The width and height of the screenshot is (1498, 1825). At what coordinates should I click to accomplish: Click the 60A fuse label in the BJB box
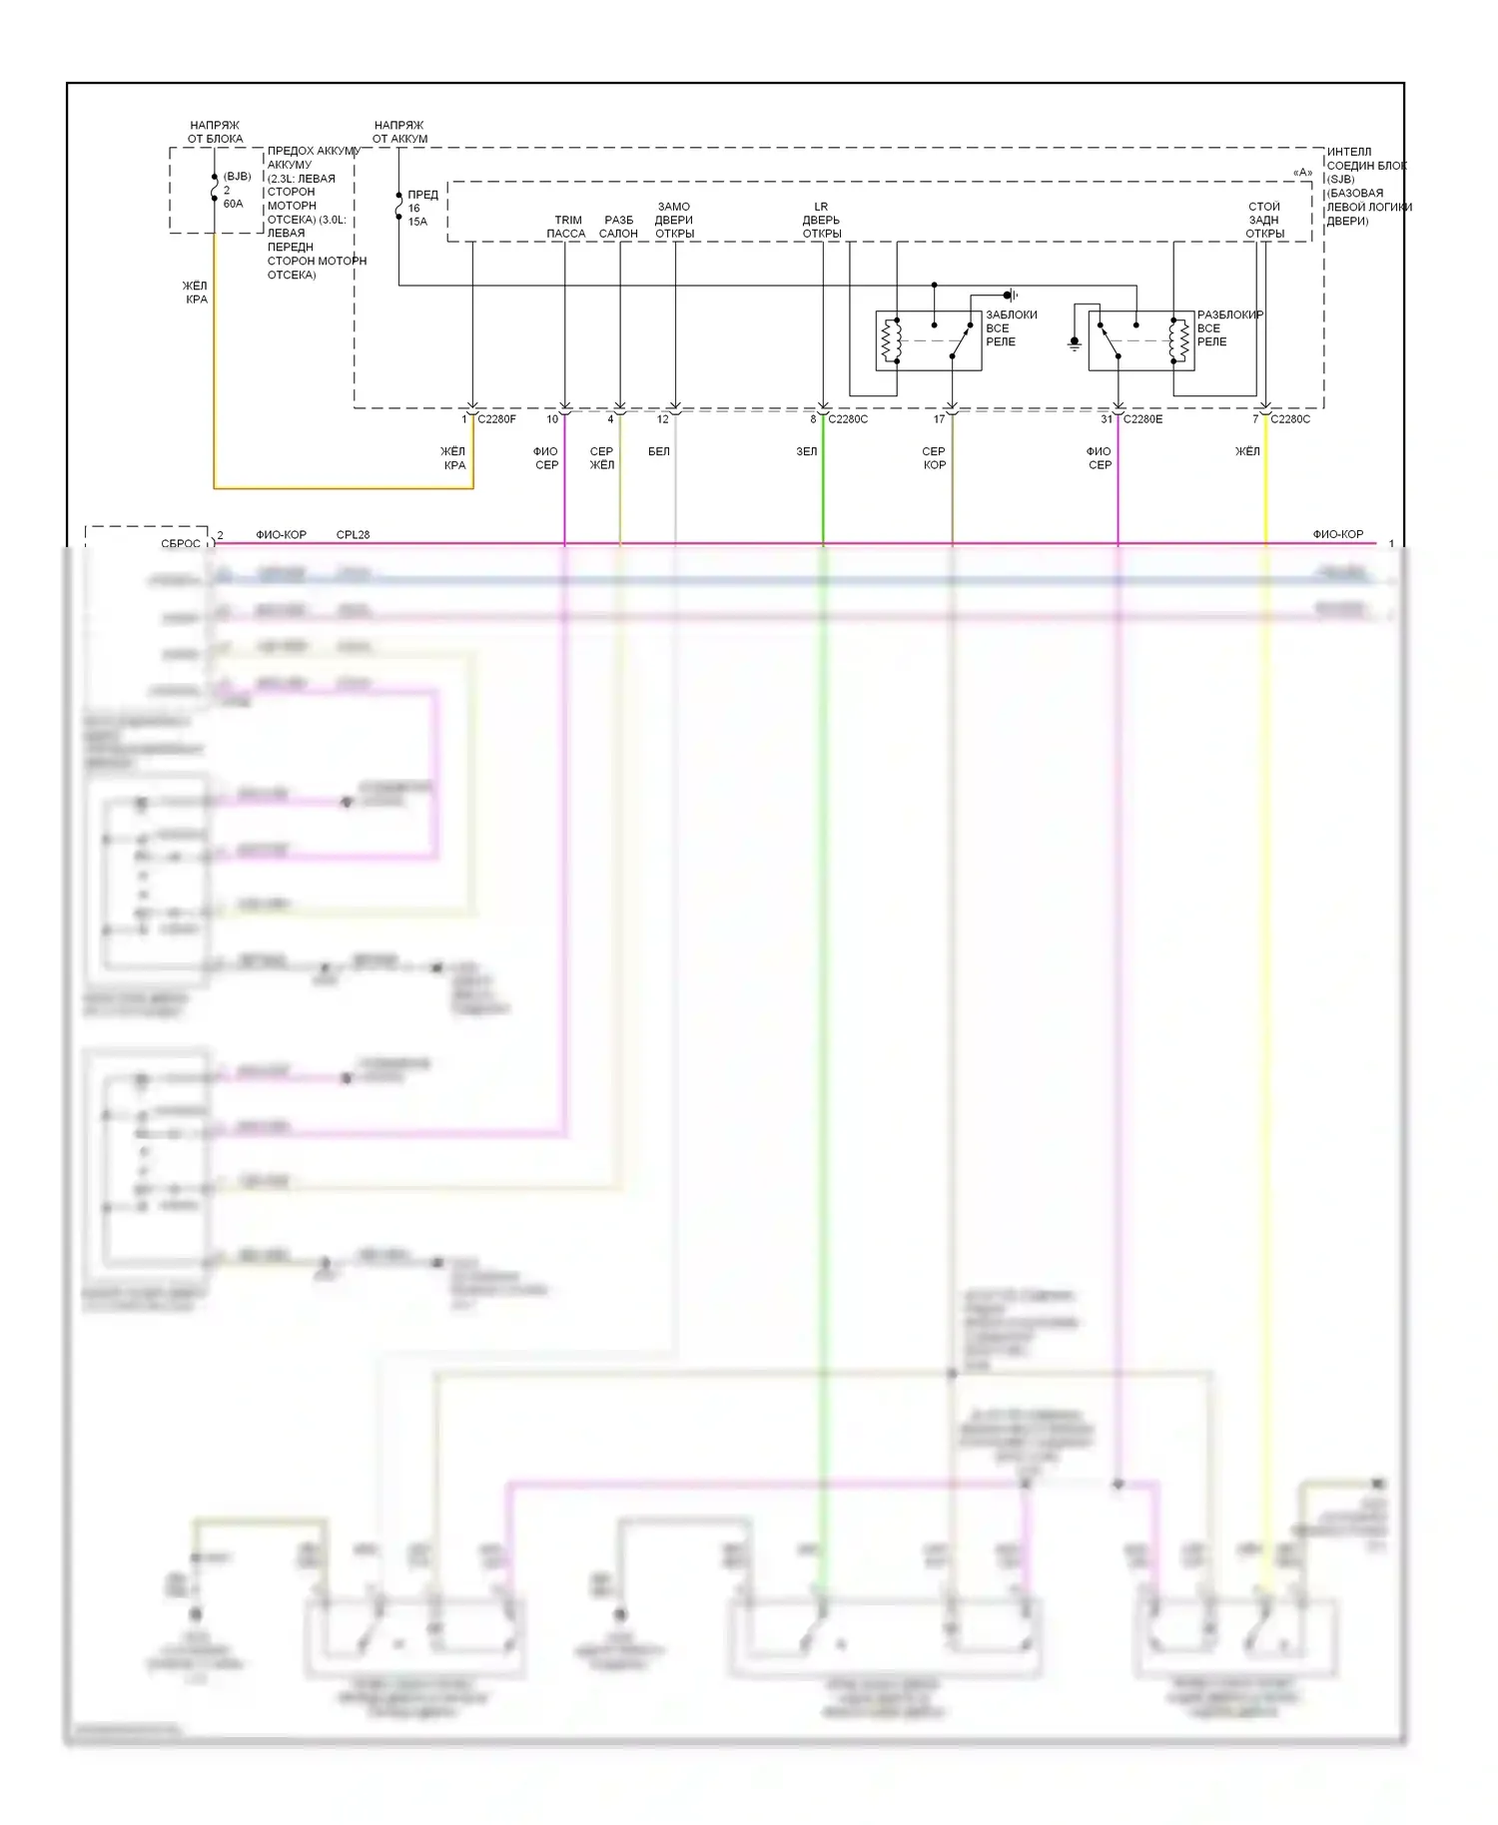233,204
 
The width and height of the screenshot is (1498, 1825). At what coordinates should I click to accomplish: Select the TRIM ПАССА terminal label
566,227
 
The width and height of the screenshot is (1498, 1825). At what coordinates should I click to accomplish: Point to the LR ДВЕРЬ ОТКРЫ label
821,221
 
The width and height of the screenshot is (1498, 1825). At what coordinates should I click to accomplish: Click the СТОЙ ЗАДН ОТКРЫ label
1264,221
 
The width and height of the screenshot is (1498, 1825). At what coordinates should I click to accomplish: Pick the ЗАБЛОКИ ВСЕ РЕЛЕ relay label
1010,328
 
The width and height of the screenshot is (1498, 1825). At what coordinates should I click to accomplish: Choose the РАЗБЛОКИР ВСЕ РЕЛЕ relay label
1228,328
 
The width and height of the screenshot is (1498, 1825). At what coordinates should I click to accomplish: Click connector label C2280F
496,419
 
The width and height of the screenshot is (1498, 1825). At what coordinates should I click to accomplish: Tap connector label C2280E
1142,419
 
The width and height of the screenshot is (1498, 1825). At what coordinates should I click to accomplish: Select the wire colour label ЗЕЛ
806,452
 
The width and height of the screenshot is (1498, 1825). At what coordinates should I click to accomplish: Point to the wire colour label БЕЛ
658,452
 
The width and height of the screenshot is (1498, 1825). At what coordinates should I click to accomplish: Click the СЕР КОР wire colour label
934,458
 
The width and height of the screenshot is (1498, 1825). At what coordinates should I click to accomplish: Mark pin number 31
1107,419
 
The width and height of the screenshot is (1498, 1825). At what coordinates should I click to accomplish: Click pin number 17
939,419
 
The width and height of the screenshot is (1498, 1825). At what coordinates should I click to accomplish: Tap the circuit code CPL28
353,535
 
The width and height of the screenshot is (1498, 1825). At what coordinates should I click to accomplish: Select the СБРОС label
181,544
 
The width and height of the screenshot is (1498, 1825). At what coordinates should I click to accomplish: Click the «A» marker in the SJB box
1302,173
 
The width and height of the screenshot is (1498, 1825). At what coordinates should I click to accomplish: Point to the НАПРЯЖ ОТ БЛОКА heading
215,133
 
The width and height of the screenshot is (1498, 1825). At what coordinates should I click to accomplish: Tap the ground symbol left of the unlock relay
1075,343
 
